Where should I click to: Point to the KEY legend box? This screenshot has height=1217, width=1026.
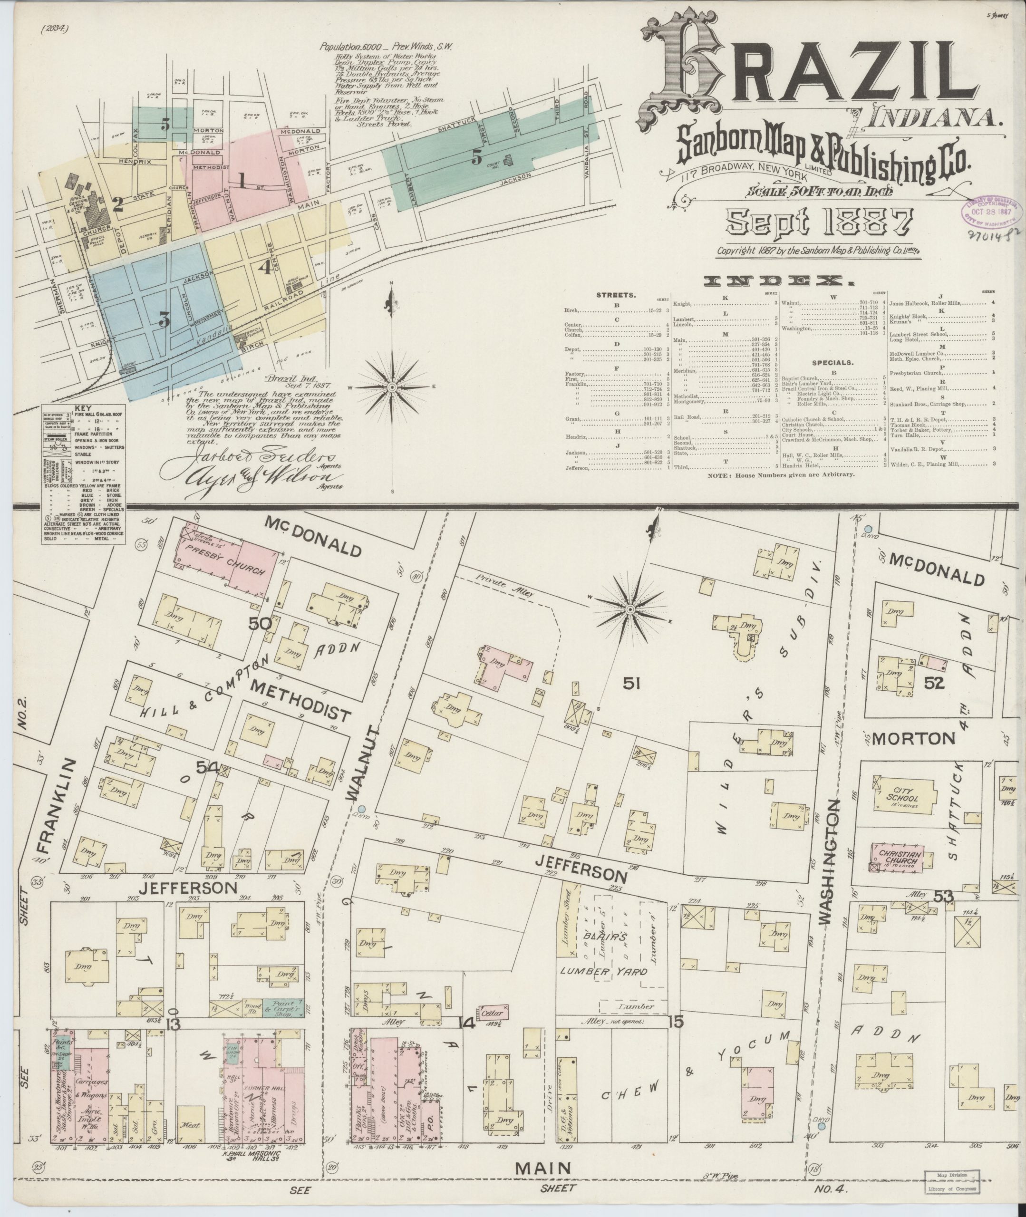pos(84,473)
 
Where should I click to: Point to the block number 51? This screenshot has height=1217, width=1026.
pos(632,685)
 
